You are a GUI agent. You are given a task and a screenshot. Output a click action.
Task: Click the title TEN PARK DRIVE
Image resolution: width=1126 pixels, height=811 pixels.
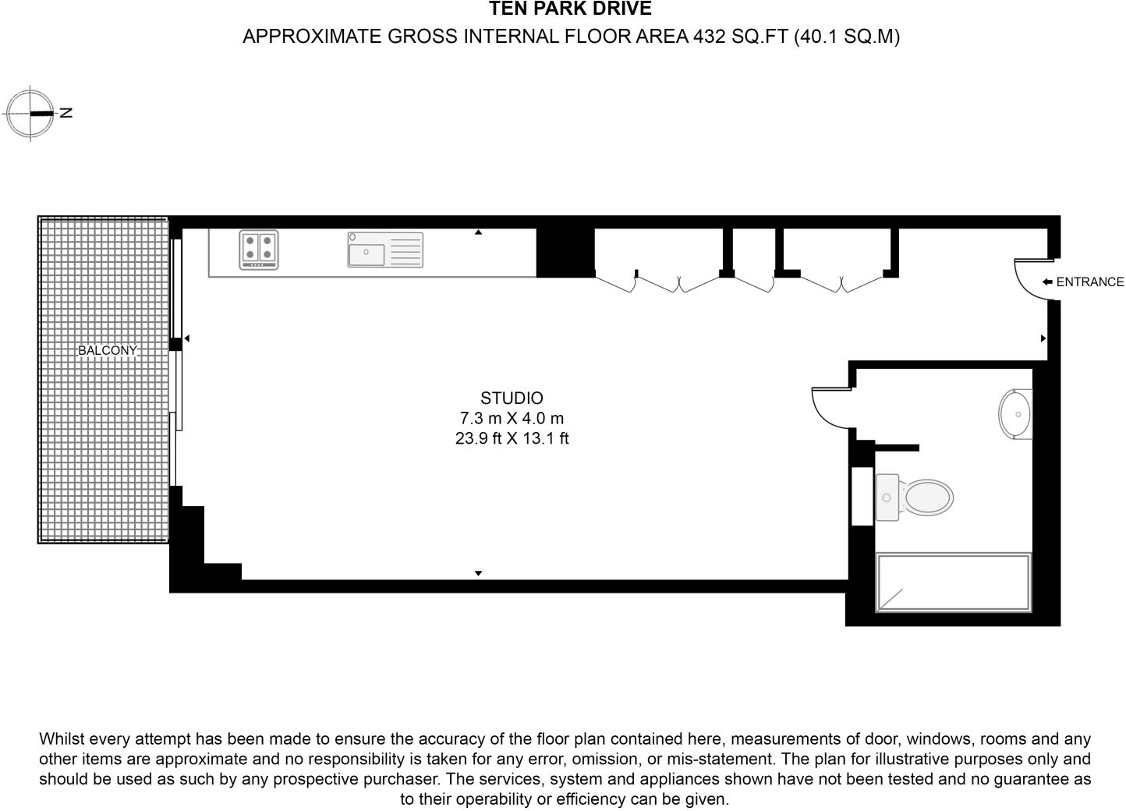tap(570, 9)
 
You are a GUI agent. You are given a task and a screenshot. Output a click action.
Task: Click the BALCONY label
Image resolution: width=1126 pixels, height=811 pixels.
tap(107, 351)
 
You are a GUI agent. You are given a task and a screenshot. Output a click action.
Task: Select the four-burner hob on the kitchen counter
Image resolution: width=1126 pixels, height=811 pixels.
tap(259, 250)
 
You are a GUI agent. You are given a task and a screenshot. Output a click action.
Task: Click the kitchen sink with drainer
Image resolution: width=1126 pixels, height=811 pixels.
tap(385, 250)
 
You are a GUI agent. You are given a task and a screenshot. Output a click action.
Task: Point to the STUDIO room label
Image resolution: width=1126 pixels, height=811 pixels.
tap(512, 398)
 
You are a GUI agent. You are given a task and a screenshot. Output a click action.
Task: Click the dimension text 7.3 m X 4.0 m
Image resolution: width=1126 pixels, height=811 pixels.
tap(512, 419)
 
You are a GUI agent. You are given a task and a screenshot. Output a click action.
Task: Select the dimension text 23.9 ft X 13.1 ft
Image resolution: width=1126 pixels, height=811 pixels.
tap(512, 439)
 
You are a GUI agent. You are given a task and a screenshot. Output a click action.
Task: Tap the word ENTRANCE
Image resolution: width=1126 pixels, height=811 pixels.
tap(1089, 282)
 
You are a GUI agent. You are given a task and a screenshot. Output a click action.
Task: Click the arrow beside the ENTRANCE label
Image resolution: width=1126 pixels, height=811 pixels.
tap(1046, 282)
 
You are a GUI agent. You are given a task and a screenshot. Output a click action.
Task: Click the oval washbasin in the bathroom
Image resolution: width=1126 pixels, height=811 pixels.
tap(1016, 414)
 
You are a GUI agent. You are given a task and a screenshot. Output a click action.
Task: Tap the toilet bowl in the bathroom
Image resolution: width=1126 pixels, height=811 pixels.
tap(926, 497)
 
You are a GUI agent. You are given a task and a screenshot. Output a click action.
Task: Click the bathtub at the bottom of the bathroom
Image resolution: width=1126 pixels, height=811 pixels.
tap(953, 583)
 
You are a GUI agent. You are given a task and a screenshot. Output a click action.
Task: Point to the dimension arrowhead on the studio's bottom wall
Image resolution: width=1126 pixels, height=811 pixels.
tap(478, 574)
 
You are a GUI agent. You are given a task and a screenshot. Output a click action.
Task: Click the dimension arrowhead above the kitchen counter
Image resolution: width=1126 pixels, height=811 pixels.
tap(478, 232)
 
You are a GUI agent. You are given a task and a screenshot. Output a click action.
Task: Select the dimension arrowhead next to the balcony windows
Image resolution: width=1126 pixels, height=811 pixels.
tap(186, 338)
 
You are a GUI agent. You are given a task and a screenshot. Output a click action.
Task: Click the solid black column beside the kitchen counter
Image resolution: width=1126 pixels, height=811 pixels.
tap(565, 253)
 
